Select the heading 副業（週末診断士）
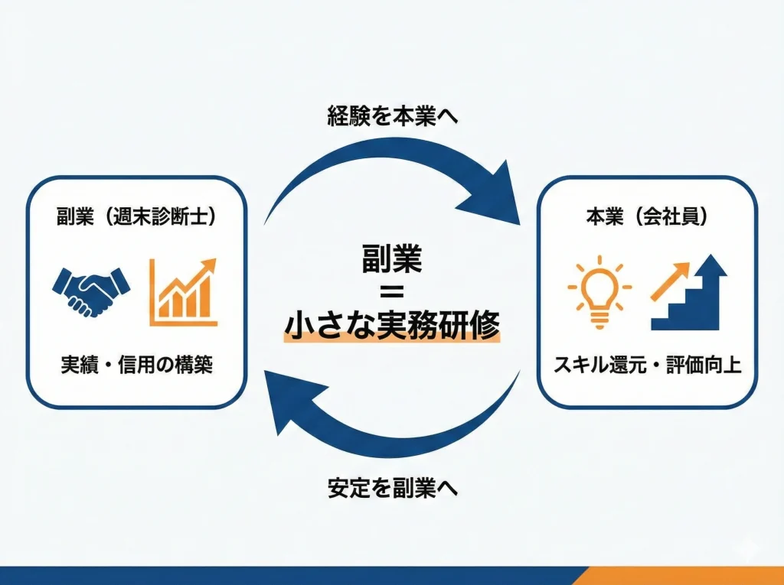coord(137,216)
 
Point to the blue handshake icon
coord(91,291)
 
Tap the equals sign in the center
coord(392,294)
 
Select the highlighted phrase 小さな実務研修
coord(392,327)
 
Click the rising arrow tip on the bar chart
coord(208,267)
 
